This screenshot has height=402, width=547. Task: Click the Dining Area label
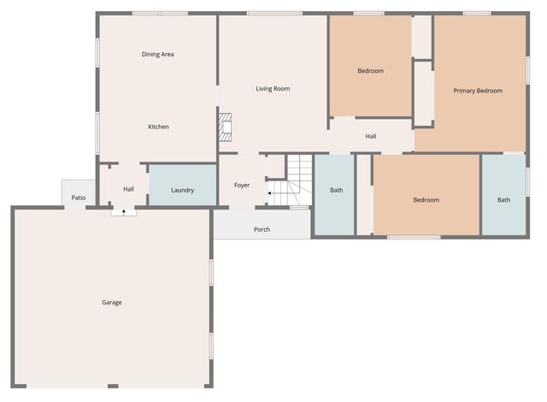tap(158, 54)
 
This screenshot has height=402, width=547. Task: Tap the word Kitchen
tap(158, 127)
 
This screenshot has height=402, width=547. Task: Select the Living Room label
tap(273, 88)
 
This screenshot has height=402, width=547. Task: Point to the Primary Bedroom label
tap(478, 91)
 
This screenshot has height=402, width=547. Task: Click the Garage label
tap(111, 302)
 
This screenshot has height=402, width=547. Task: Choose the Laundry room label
tap(182, 191)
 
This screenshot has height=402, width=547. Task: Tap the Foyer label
tap(242, 185)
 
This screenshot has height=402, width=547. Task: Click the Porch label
tap(262, 229)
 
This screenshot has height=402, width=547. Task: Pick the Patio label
tap(79, 198)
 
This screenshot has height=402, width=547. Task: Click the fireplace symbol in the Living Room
tap(226, 127)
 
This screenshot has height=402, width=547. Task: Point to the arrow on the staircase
tap(271, 194)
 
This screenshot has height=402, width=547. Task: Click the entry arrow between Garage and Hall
tap(124, 210)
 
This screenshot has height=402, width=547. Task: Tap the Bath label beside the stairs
tap(337, 190)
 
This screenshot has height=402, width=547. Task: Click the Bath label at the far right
tap(503, 200)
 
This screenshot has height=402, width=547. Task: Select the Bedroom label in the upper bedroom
tap(370, 71)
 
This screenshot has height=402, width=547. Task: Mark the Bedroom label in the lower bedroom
tap(426, 200)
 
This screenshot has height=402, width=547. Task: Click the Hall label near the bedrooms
tap(371, 136)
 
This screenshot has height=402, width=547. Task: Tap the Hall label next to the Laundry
tap(128, 189)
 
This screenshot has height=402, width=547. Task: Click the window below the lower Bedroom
tap(414, 237)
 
